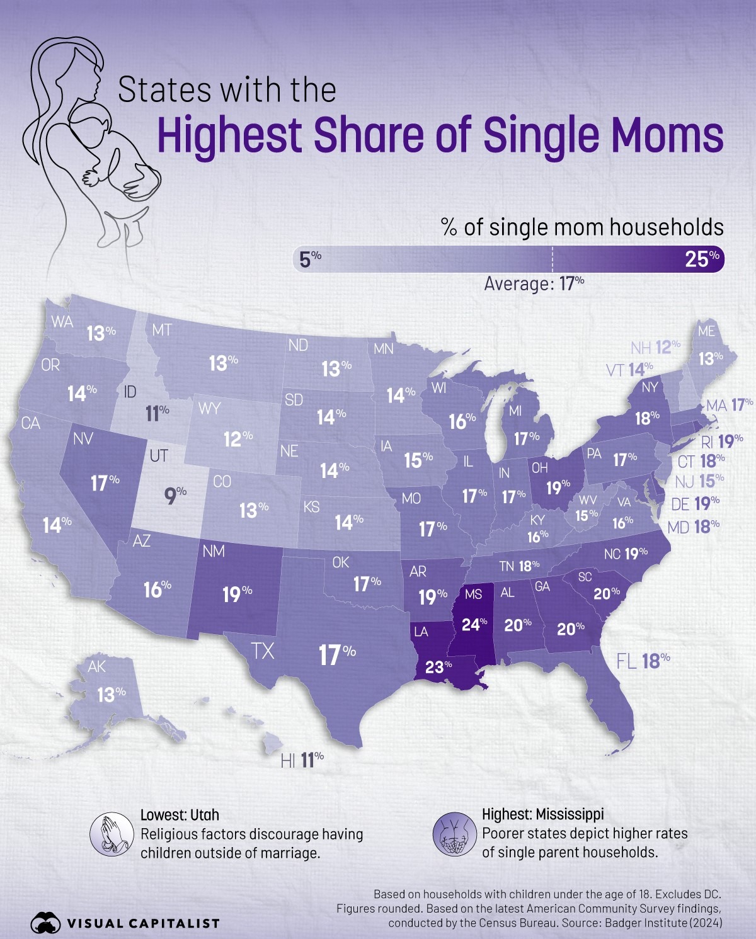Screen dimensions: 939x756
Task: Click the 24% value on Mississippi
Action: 474,624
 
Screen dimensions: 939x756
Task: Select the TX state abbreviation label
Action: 263,651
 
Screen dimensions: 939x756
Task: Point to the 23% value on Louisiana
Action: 438,666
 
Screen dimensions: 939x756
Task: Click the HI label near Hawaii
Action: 288,761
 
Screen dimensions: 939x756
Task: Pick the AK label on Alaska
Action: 96,667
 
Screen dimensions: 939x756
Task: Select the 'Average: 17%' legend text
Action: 534,284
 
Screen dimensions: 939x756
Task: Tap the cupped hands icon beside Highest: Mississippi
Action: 453,834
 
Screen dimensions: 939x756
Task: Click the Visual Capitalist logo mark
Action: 45,923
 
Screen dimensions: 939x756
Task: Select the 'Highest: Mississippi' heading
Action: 542,814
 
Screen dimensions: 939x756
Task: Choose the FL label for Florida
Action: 626,661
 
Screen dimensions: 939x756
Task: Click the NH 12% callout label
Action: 655,347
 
